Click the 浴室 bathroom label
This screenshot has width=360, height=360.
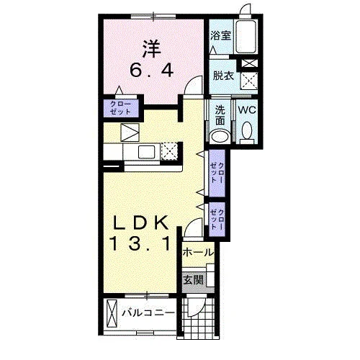[221, 36]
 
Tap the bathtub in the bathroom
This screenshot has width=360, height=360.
[246, 37]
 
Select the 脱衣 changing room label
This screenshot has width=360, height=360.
[223, 76]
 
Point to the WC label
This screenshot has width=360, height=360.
[247, 110]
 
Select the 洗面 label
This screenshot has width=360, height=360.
[220, 115]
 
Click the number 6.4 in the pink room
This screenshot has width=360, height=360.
[152, 71]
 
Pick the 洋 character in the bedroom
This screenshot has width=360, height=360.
[152, 49]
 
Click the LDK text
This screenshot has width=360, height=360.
[141, 222]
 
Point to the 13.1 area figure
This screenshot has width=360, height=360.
[141, 243]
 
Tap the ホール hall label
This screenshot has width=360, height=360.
[198, 253]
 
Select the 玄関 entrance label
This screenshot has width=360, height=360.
[194, 280]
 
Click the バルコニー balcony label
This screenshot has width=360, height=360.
[148, 313]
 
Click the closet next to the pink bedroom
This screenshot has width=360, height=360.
[121, 108]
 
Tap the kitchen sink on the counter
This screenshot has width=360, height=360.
[146, 152]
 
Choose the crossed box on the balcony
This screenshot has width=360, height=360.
[112, 313]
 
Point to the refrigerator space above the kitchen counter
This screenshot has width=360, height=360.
[130, 132]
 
